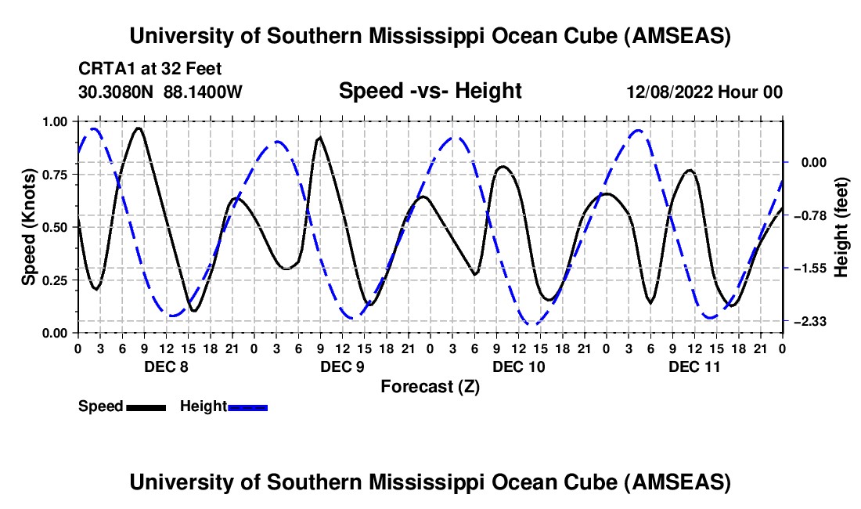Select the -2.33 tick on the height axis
click(x=805, y=321)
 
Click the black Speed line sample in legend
click(x=145, y=406)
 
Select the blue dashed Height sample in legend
click(x=247, y=406)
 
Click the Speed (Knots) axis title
click(x=29, y=227)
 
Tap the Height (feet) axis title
click(x=841, y=227)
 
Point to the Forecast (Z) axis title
click(x=429, y=386)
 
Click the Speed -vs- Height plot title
click(x=430, y=91)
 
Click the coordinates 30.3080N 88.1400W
click(x=160, y=92)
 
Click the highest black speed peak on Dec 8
click(x=139, y=128)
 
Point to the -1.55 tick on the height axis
click(x=805, y=268)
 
